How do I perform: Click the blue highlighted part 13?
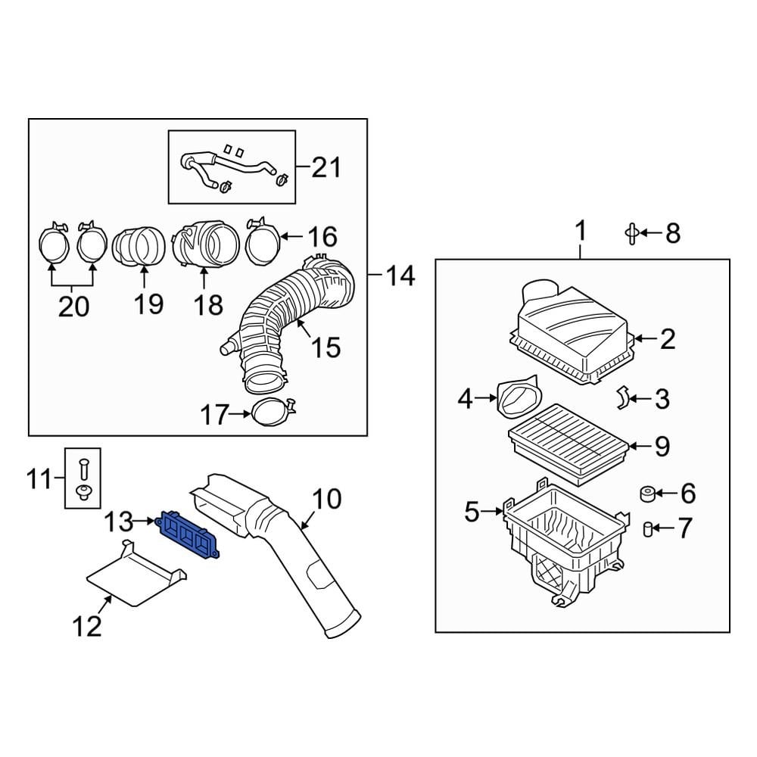[x=187, y=531]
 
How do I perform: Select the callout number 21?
[x=326, y=167]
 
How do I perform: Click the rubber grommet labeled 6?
[x=647, y=494]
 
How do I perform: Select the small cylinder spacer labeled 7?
[x=647, y=528]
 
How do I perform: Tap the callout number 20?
[x=73, y=306]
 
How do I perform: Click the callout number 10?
[x=327, y=500]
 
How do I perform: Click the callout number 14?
[x=399, y=276]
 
